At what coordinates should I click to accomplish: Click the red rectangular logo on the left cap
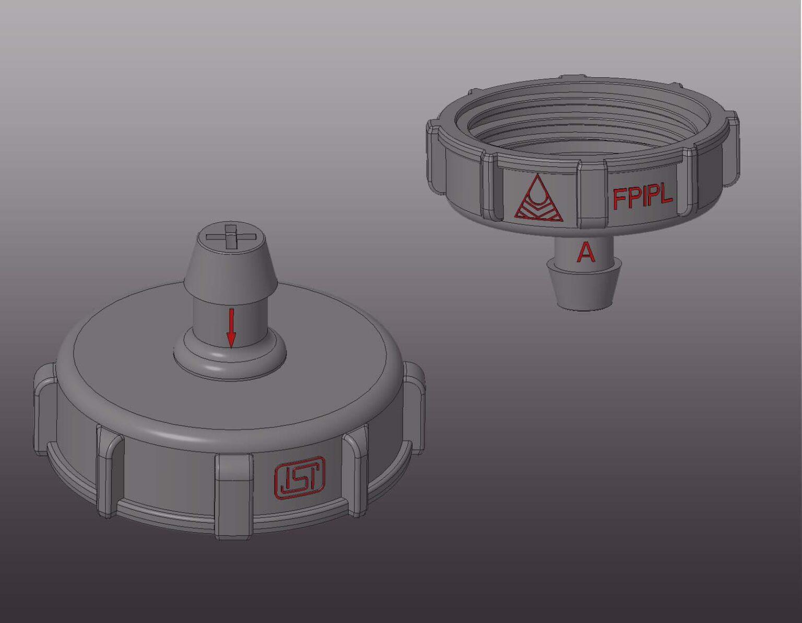pos(300,476)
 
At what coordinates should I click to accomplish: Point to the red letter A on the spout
pos(586,253)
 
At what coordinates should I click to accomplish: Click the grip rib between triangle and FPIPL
pos(592,194)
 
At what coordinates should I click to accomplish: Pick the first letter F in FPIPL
pos(619,199)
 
